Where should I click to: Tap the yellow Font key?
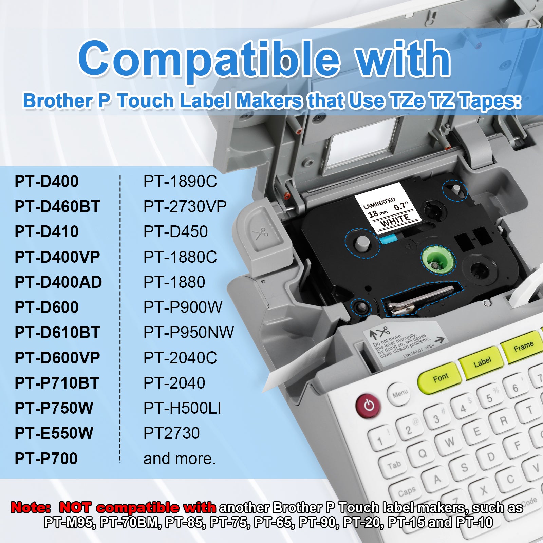(x=440, y=378)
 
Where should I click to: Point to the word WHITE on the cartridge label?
(x=395, y=221)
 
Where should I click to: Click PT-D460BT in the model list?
(x=57, y=206)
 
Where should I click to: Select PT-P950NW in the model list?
(x=188, y=332)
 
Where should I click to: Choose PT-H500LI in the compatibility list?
(x=182, y=408)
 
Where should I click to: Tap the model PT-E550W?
(x=54, y=433)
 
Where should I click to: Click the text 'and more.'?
(x=180, y=458)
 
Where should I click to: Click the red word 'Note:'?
(x=31, y=508)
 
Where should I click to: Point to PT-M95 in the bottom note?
(x=68, y=522)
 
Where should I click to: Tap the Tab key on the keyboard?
(x=394, y=465)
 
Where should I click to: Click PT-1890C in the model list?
(x=180, y=181)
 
